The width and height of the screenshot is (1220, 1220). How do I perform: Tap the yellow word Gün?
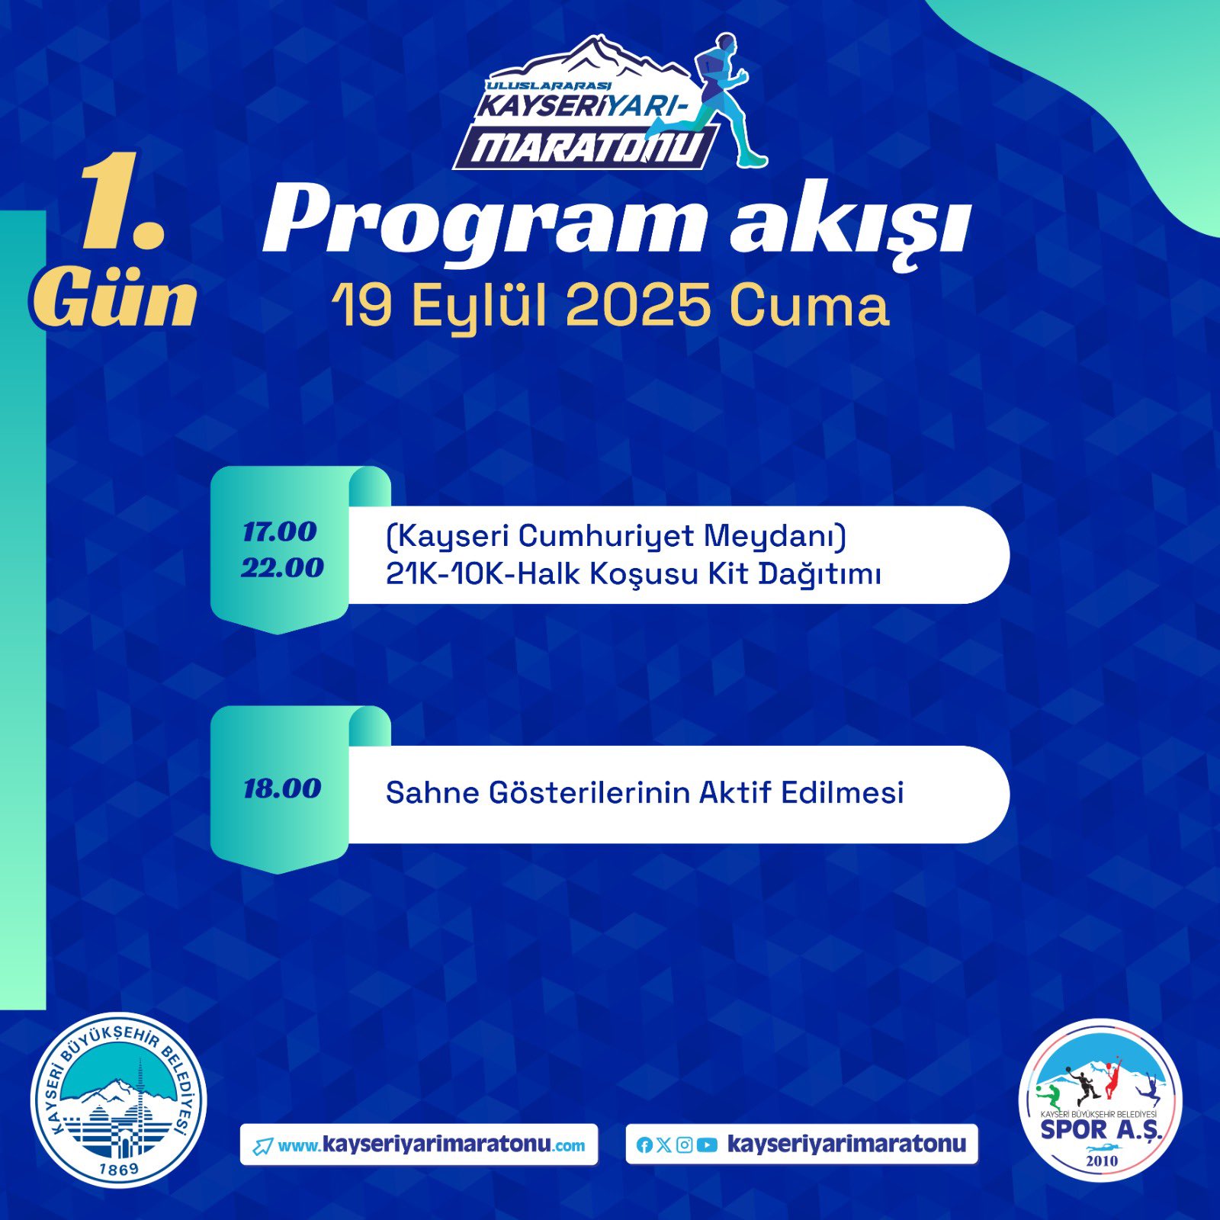pyautogui.click(x=114, y=298)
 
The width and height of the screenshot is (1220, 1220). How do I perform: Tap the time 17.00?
pyautogui.click(x=279, y=531)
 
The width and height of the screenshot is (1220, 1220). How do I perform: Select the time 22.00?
pyautogui.click(x=282, y=567)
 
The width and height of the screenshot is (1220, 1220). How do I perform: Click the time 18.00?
pyautogui.click(x=282, y=788)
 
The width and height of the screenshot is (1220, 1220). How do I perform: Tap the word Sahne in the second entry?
pyautogui.click(x=432, y=792)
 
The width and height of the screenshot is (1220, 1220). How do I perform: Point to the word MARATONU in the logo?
pyautogui.click(x=584, y=148)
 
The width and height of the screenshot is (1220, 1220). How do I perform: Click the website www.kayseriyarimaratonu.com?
pyautogui.click(x=432, y=1145)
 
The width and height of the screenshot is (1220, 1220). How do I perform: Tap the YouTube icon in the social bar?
pyautogui.click(x=707, y=1145)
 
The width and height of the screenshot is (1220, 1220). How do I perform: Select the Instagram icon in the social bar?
pyautogui.click(x=685, y=1145)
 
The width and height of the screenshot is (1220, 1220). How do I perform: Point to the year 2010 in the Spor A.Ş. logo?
pyautogui.click(x=1101, y=1161)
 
